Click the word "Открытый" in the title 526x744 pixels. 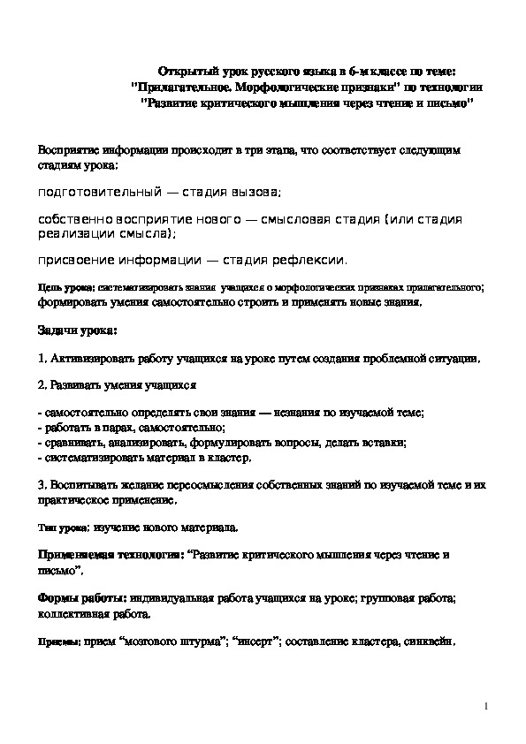click(184, 70)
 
